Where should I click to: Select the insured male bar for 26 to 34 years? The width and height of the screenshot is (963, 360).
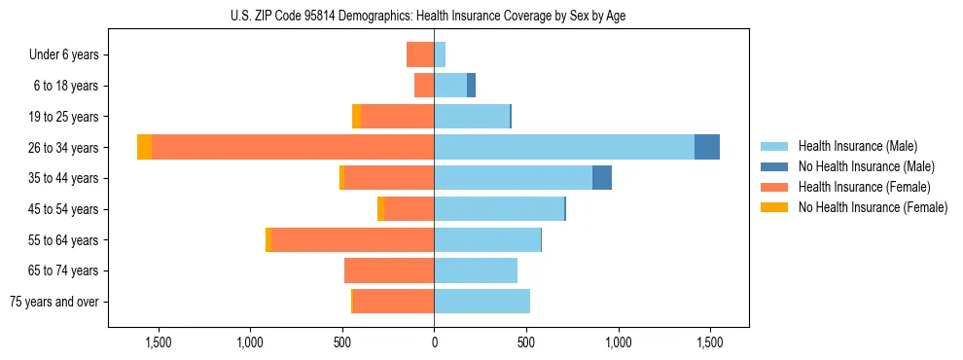[564, 147]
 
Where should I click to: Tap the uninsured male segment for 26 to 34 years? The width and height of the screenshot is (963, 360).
[707, 147]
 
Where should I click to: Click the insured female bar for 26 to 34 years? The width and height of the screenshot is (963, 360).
[292, 147]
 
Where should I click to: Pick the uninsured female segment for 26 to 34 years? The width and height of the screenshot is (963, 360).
[144, 147]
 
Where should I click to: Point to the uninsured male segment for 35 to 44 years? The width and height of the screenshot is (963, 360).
[602, 178]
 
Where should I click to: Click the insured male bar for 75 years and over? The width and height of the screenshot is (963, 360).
[481, 302]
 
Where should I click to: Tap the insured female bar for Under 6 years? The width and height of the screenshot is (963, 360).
[420, 54]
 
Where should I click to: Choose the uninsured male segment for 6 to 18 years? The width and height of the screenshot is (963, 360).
[471, 86]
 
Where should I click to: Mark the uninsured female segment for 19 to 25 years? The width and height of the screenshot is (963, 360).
[357, 117]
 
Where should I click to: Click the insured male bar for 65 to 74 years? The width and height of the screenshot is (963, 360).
[476, 270]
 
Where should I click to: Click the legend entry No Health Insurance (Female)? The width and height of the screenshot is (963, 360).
[873, 207]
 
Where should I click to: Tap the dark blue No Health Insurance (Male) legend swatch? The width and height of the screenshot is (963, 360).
[774, 166]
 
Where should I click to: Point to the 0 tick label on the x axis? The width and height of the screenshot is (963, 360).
[434, 342]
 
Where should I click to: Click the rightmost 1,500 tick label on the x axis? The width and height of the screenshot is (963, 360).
[710, 342]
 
